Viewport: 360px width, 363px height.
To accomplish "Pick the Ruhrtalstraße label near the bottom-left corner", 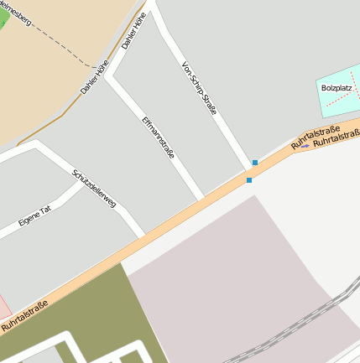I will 23,314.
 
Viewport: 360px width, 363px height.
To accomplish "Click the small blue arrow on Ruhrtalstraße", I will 305,147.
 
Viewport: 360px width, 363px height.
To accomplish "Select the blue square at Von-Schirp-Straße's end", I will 255,163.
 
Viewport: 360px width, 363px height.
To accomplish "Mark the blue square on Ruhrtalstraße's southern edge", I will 249,180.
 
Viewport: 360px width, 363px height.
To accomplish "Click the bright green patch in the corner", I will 4,16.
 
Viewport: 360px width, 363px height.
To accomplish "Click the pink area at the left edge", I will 3,305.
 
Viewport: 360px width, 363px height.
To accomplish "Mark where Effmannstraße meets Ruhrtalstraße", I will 202,200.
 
